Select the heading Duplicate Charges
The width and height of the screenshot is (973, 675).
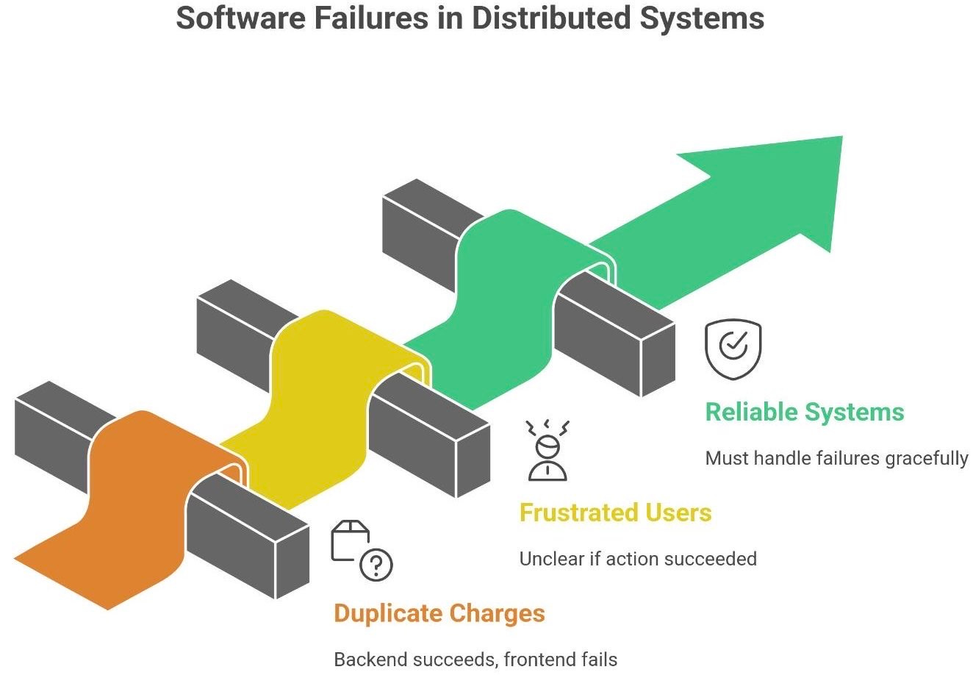pos(439,613)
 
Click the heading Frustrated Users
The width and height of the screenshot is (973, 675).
pos(615,512)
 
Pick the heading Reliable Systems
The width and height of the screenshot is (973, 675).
pos(804,412)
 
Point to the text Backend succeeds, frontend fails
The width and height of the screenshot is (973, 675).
pos(475,659)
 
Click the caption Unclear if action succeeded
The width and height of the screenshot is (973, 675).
pos(637,559)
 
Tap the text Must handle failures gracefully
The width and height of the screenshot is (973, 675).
pos(836,459)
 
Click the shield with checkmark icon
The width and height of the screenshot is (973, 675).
pos(733,349)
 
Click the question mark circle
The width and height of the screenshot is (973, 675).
pos(376,565)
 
